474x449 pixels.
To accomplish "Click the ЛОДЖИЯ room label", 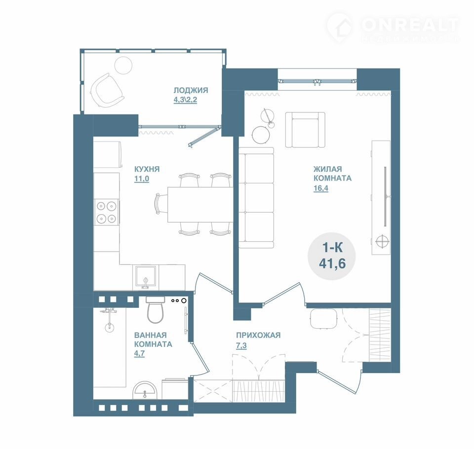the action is pos(191,90).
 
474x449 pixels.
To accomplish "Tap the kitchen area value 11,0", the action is pos(142,179).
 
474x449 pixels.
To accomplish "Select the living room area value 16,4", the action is pos(321,188).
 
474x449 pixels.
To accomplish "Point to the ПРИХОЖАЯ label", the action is pos(258,335).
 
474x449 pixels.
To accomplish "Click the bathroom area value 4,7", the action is pos(139,353).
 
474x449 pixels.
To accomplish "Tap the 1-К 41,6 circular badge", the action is pos(332,256).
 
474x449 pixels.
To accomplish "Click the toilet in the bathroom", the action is pos(156,310).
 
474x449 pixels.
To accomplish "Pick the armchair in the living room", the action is pos(305,130).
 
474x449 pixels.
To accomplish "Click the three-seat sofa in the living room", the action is pos(256,197).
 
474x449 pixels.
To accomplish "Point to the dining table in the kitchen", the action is pos(200,205).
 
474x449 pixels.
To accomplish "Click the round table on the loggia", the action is pos(123,65).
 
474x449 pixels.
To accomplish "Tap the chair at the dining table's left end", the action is pos(160,204).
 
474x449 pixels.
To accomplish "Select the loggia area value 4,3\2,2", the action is pos(185,100).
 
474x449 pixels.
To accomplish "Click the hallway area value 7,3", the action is pos(241,345).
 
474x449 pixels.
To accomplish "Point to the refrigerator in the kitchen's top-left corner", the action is pos(108,154).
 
